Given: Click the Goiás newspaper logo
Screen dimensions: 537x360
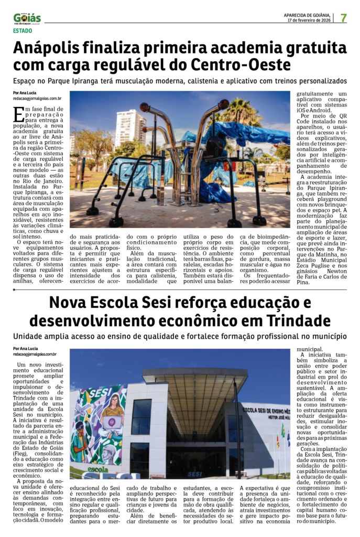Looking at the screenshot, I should click(x=27, y=19).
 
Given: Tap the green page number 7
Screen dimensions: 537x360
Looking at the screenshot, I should click(x=343, y=18).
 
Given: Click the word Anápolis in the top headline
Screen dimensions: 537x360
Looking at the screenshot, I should click(x=51, y=49).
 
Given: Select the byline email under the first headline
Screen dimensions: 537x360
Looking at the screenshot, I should click(x=37, y=98).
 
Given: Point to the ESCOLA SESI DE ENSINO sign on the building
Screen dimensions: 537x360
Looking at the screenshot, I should click(x=265, y=411).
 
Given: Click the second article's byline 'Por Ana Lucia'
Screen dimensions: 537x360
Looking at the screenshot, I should click(x=25, y=349).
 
